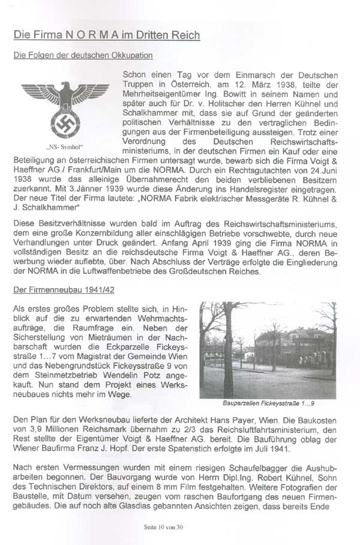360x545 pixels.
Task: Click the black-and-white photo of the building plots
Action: pyautogui.click(x=269, y=350)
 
